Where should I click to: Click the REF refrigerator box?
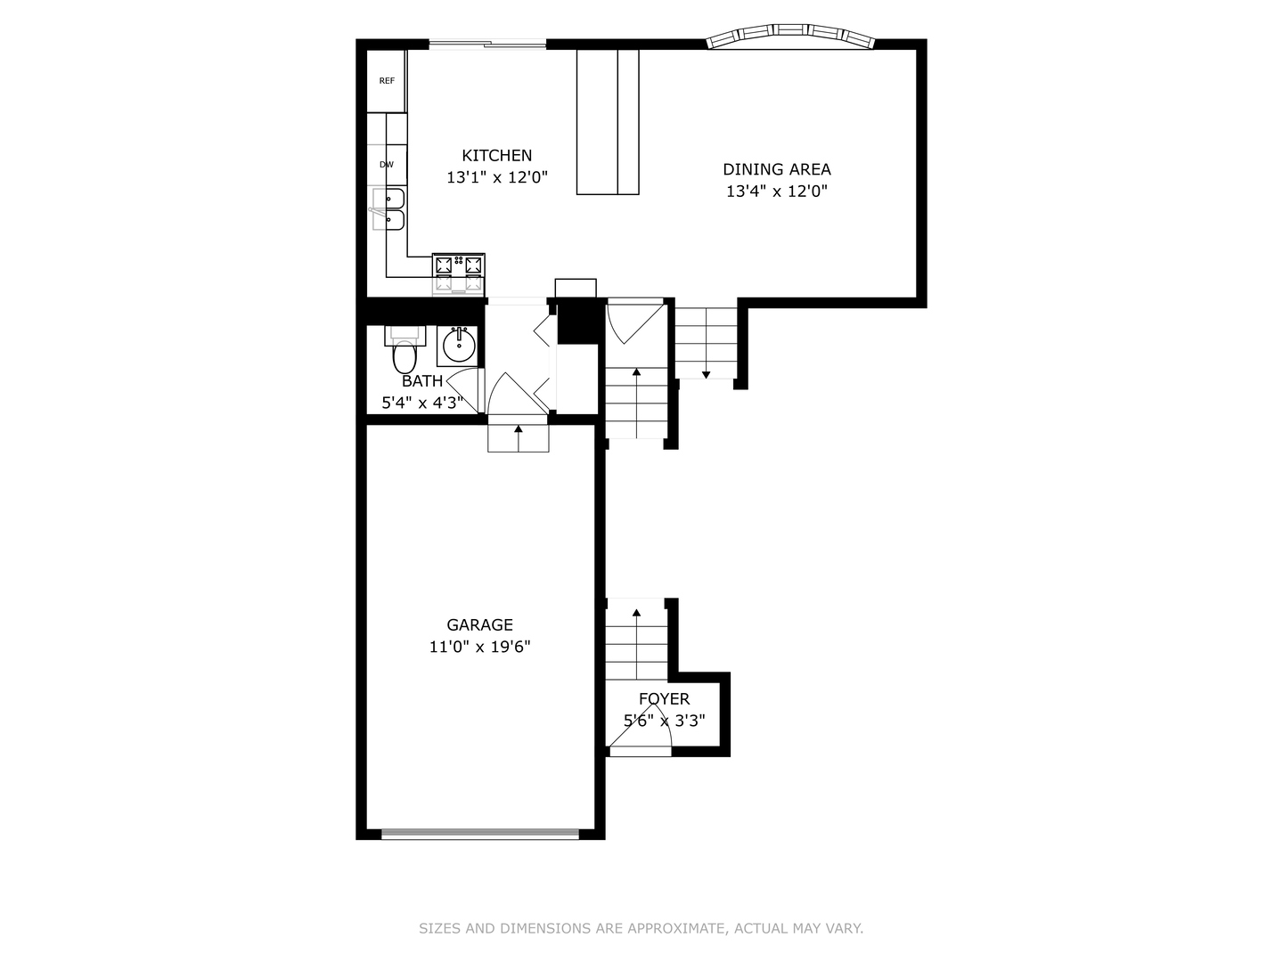[x=387, y=81]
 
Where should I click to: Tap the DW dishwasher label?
[x=387, y=165]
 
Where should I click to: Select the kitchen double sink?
[x=388, y=209]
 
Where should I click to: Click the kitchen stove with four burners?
[x=459, y=273]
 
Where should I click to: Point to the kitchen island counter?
[x=608, y=122]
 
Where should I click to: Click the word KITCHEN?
[x=496, y=156]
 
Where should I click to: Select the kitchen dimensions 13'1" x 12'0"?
[x=496, y=178]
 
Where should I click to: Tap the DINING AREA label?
[x=776, y=169]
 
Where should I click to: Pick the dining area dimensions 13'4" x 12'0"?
[x=776, y=191]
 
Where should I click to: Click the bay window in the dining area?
[x=790, y=36]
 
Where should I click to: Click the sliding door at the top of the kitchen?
[x=487, y=43]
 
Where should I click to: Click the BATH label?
[x=422, y=381]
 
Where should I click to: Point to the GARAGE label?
[x=479, y=625]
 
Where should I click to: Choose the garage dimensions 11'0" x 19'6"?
[x=479, y=648]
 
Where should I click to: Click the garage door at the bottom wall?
[x=480, y=835]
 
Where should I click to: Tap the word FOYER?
[x=664, y=699]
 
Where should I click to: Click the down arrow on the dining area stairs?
[x=706, y=374]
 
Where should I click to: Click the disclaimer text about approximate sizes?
[x=641, y=928]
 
